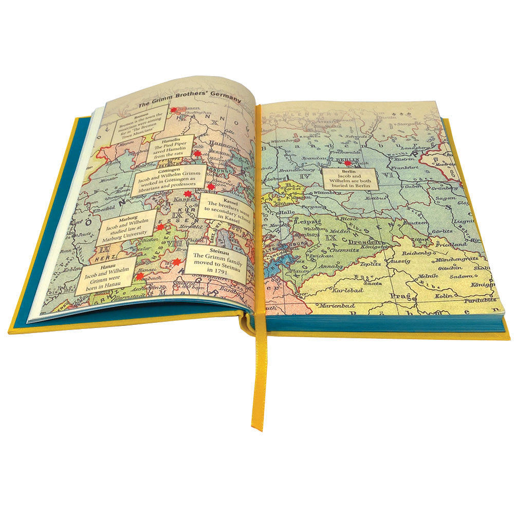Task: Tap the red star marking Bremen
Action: point(174,109)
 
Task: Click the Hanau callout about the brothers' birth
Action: point(106,275)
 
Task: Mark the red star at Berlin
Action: point(347,163)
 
